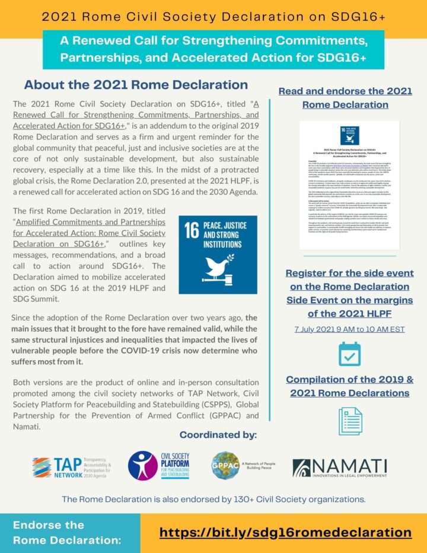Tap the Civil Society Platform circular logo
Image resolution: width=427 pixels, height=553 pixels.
click(x=143, y=466)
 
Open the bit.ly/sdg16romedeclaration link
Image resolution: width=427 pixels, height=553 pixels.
click(x=285, y=532)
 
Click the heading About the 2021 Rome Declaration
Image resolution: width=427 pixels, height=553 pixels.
click(x=136, y=84)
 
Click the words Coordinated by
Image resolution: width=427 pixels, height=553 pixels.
click(x=218, y=435)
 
